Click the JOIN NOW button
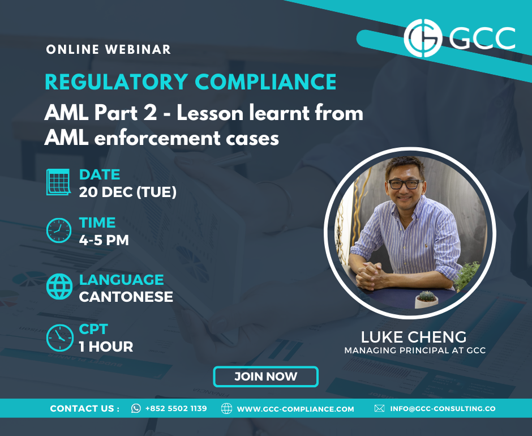pyautogui.click(x=265, y=377)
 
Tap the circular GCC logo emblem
pyautogui.click(x=423, y=38)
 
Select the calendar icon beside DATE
pyautogui.click(x=58, y=182)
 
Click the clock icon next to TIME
pyautogui.click(x=59, y=230)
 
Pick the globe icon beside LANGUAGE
pyautogui.click(x=59, y=287)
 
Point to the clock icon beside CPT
pyautogui.click(x=60, y=338)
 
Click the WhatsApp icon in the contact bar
pyautogui.click(x=136, y=408)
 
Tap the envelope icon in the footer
pyautogui.click(x=379, y=408)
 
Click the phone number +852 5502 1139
pyautogui.click(x=176, y=408)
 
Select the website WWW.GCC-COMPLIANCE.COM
pyautogui.click(x=295, y=409)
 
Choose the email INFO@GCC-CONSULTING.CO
pyautogui.click(x=443, y=409)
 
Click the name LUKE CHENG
pyautogui.click(x=414, y=337)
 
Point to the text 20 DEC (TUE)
pyautogui.click(x=127, y=192)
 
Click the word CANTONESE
pyautogui.click(x=126, y=297)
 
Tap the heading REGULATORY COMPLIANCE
pyautogui.click(x=190, y=82)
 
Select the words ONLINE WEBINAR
pyautogui.click(x=109, y=50)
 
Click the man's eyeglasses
pyautogui.click(x=405, y=184)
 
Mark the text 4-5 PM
pyautogui.click(x=104, y=241)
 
